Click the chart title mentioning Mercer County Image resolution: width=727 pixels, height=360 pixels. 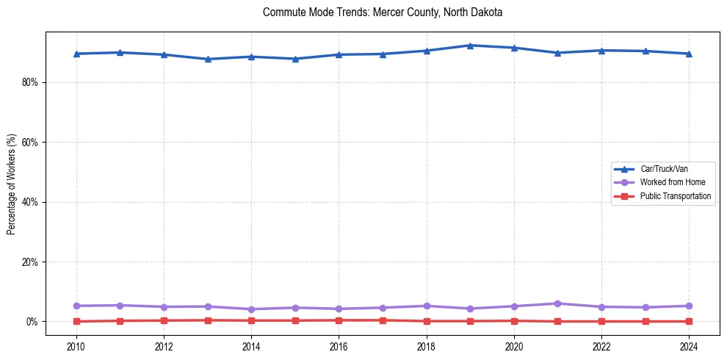click(x=382, y=12)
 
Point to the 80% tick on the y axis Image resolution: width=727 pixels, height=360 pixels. click(x=29, y=82)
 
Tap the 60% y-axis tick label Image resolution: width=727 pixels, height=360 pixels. click(x=29, y=143)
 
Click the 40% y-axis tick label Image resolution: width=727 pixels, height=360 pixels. click(x=29, y=202)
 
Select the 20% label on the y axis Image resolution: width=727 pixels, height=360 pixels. click(x=29, y=262)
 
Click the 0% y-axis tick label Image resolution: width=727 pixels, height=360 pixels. click(x=32, y=322)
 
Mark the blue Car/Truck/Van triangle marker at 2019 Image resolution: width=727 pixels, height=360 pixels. click(x=470, y=46)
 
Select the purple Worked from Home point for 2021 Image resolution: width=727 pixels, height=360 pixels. click(x=557, y=303)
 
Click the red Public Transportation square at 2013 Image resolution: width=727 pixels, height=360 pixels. click(x=207, y=320)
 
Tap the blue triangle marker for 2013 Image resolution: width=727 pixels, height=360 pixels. click(x=207, y=59)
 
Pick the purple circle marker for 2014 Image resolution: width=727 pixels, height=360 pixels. click(x=251, y=309)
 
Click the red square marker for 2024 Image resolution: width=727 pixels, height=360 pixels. click(x=689, y=321)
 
